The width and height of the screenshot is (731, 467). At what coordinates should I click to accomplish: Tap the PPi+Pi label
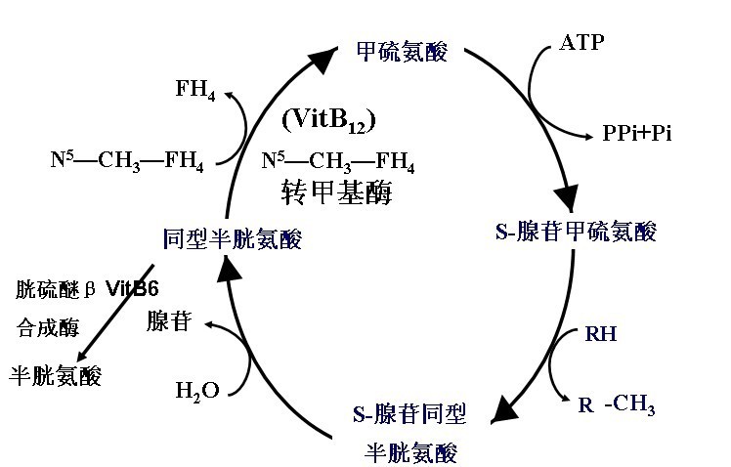(636, 134)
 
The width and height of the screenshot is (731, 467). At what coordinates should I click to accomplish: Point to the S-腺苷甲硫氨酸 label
(576, 232)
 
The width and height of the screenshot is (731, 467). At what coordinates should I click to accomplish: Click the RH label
(600, 334)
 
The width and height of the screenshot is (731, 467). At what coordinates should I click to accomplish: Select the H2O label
(197, 391)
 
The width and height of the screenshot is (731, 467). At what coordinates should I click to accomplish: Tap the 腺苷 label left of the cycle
(168, 321)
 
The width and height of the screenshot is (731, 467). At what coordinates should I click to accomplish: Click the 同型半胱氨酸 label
(233, 237)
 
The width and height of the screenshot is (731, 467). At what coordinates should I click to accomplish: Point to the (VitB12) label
(327, 120)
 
